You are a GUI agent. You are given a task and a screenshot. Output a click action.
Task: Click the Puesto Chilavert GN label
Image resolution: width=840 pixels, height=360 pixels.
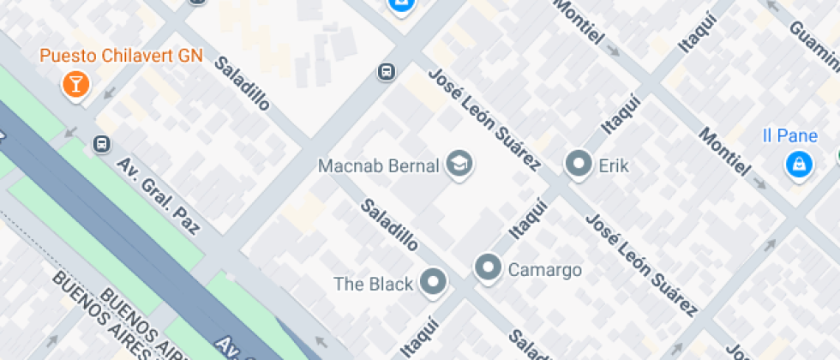(x=121, y=57)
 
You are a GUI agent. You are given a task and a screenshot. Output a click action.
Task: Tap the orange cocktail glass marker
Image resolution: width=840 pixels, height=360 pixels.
(x=76, y=84)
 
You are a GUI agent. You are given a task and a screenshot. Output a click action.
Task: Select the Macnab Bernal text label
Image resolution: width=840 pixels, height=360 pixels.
(x=378, y=165)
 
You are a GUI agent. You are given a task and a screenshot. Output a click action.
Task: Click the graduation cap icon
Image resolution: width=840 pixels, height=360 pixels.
(x=459, y=164)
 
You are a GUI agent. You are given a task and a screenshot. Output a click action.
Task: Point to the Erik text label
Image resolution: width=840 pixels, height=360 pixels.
(x=614, y=165)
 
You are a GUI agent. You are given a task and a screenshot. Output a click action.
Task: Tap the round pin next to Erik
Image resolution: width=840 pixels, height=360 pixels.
(x=579, y=164)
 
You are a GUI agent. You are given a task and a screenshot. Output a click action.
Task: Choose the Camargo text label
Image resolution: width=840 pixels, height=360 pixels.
(x=545, y=270)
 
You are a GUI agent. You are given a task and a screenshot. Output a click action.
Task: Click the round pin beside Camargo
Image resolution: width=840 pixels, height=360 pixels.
(x=489, y=268)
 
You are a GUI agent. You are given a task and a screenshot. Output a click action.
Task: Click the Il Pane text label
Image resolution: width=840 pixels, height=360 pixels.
(x=784, y=135)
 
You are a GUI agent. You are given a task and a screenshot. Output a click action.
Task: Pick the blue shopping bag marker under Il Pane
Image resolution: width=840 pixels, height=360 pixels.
(x=799, y=163)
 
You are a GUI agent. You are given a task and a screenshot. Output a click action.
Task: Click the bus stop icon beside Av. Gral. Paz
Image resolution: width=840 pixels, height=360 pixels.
(x=102, y=144)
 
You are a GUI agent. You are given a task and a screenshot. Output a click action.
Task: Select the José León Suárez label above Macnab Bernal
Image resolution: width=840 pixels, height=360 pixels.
(x=484, y=118)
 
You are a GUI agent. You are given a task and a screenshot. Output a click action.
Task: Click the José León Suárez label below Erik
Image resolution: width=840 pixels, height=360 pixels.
(x=639, y=264)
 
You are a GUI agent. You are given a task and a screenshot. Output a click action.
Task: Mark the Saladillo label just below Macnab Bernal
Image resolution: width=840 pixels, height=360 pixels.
(x=389, y=225)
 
